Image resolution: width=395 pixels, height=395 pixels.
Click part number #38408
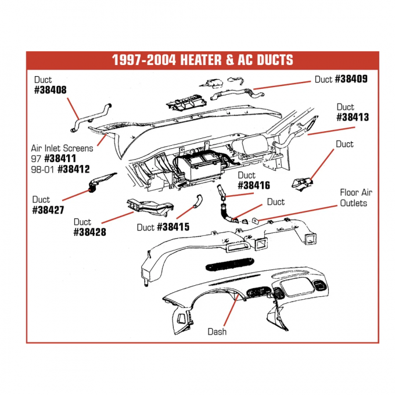[51, 91]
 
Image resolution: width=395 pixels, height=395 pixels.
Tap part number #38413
[353, 117]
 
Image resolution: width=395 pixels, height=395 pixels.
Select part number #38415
[173, 227]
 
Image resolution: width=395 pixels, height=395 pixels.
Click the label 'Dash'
[217, 332]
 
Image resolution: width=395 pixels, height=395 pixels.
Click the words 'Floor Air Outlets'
[356, 198]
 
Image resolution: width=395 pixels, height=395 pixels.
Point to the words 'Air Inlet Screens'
[62, 148]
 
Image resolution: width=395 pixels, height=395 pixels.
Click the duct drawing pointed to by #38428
[149, 206]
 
